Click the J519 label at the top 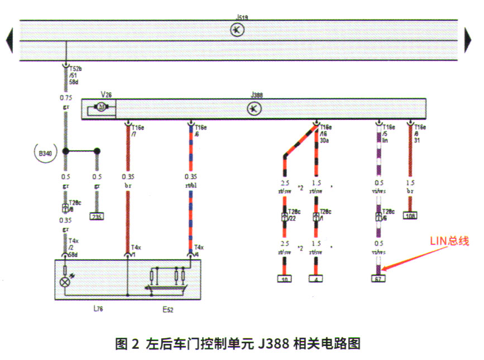242,18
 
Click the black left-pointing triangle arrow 9,41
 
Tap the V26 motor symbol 101,107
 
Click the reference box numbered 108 411,215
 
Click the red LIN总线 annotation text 449,242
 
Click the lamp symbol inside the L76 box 66,282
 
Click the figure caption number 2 135,343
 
